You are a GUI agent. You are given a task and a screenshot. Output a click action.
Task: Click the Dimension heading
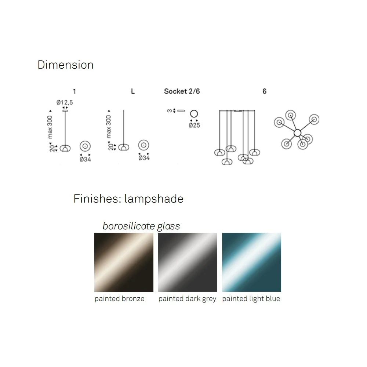[x=65, y=65]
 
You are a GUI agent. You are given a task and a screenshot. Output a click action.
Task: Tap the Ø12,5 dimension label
[x=65, y=102]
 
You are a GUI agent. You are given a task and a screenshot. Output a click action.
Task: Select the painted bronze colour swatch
[x=124, y=262]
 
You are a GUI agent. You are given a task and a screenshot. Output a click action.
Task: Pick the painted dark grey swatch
[x=188, y=262]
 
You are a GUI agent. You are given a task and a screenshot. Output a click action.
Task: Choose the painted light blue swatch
[x=251, y=262]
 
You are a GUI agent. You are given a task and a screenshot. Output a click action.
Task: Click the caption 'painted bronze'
[x=119, y=299]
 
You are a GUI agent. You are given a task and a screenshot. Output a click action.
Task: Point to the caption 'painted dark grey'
[x=187, y=299]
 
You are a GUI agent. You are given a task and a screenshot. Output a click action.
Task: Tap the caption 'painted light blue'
[x=251, y=299]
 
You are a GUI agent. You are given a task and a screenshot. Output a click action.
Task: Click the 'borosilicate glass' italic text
[x=141, y=226]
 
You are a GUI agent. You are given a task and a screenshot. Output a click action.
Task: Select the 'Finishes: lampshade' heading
[x=128, y=199]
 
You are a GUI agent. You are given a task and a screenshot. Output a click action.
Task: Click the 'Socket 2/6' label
[x=182, y=91]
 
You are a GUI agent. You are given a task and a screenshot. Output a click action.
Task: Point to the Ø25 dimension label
[x=194, y=125]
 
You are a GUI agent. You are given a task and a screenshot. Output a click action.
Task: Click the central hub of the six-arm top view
[x=297, y=132]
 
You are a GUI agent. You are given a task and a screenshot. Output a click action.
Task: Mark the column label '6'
[x=264, y=91]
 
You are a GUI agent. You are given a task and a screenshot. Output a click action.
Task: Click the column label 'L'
[x=133, y=91]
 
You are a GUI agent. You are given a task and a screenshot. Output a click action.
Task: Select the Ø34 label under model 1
[x=85, y=159]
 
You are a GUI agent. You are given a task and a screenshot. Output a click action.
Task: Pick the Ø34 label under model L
[x=144, y=158]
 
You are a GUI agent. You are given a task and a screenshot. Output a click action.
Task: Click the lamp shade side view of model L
[x=124, y=148]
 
